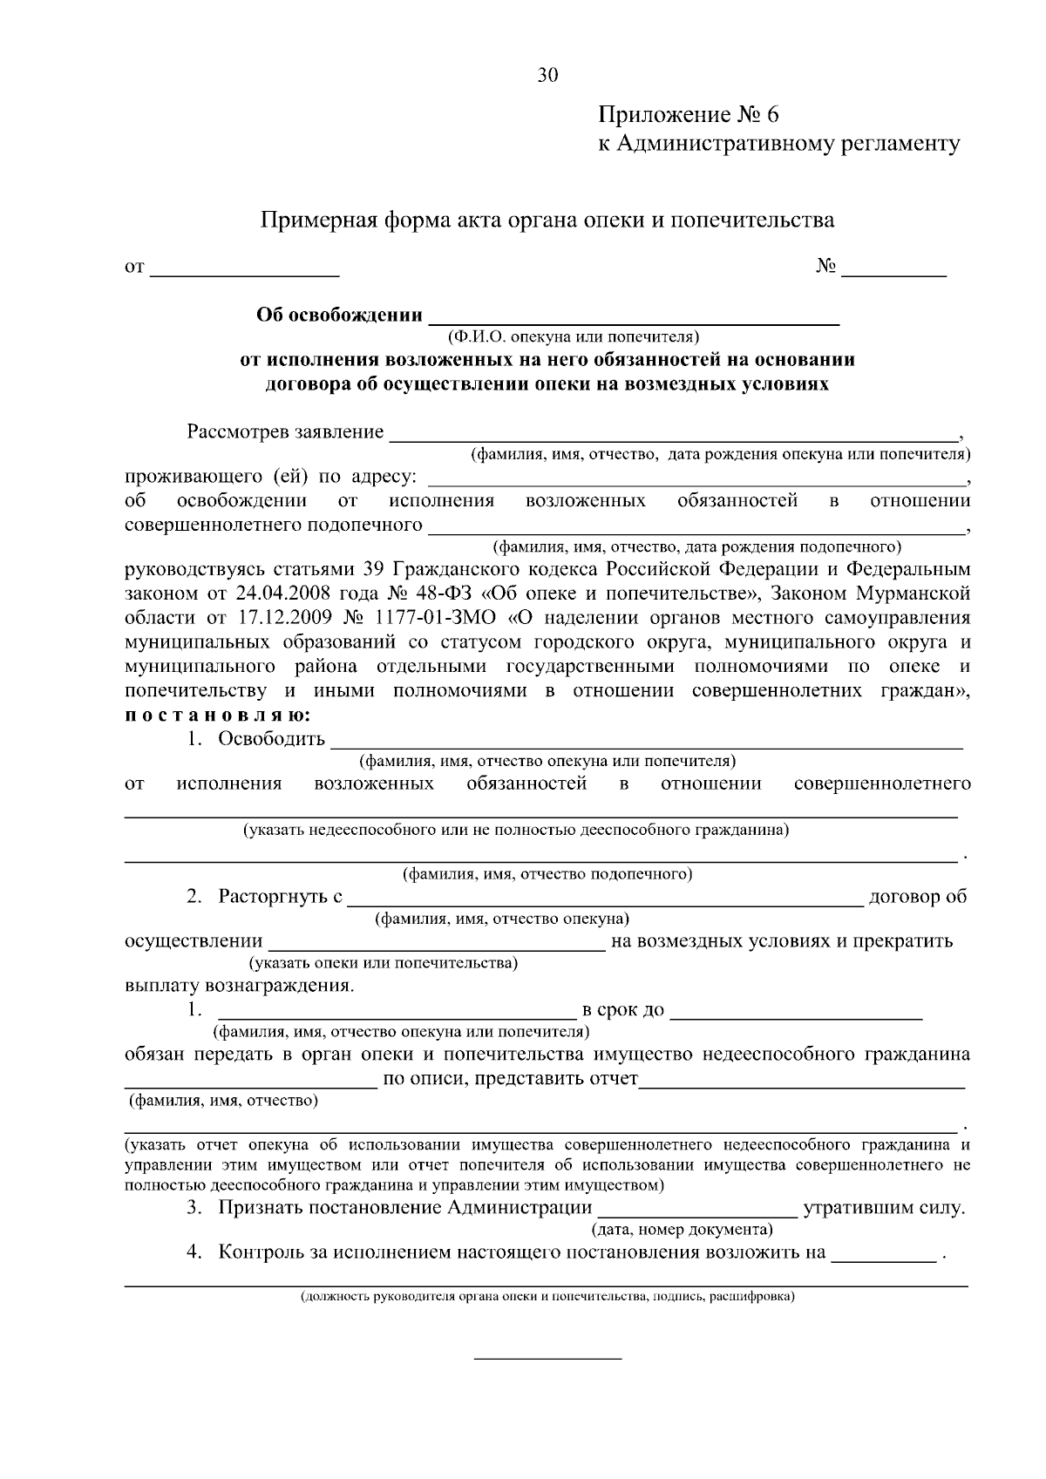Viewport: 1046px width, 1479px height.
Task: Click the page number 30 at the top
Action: coord(547,76)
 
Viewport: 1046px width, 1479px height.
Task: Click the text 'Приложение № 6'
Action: coord(688,115)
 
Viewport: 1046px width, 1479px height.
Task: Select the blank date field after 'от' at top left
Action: coord(245,268)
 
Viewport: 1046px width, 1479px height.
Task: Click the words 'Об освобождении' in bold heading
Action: coord(339,315)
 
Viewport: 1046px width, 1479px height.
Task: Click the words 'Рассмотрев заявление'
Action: coord(285,432)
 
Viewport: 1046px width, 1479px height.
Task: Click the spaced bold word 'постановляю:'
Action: coord(216,716)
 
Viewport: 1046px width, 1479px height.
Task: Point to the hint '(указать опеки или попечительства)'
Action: coord(384,964)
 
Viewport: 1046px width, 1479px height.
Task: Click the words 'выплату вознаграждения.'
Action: coord(240,987)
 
